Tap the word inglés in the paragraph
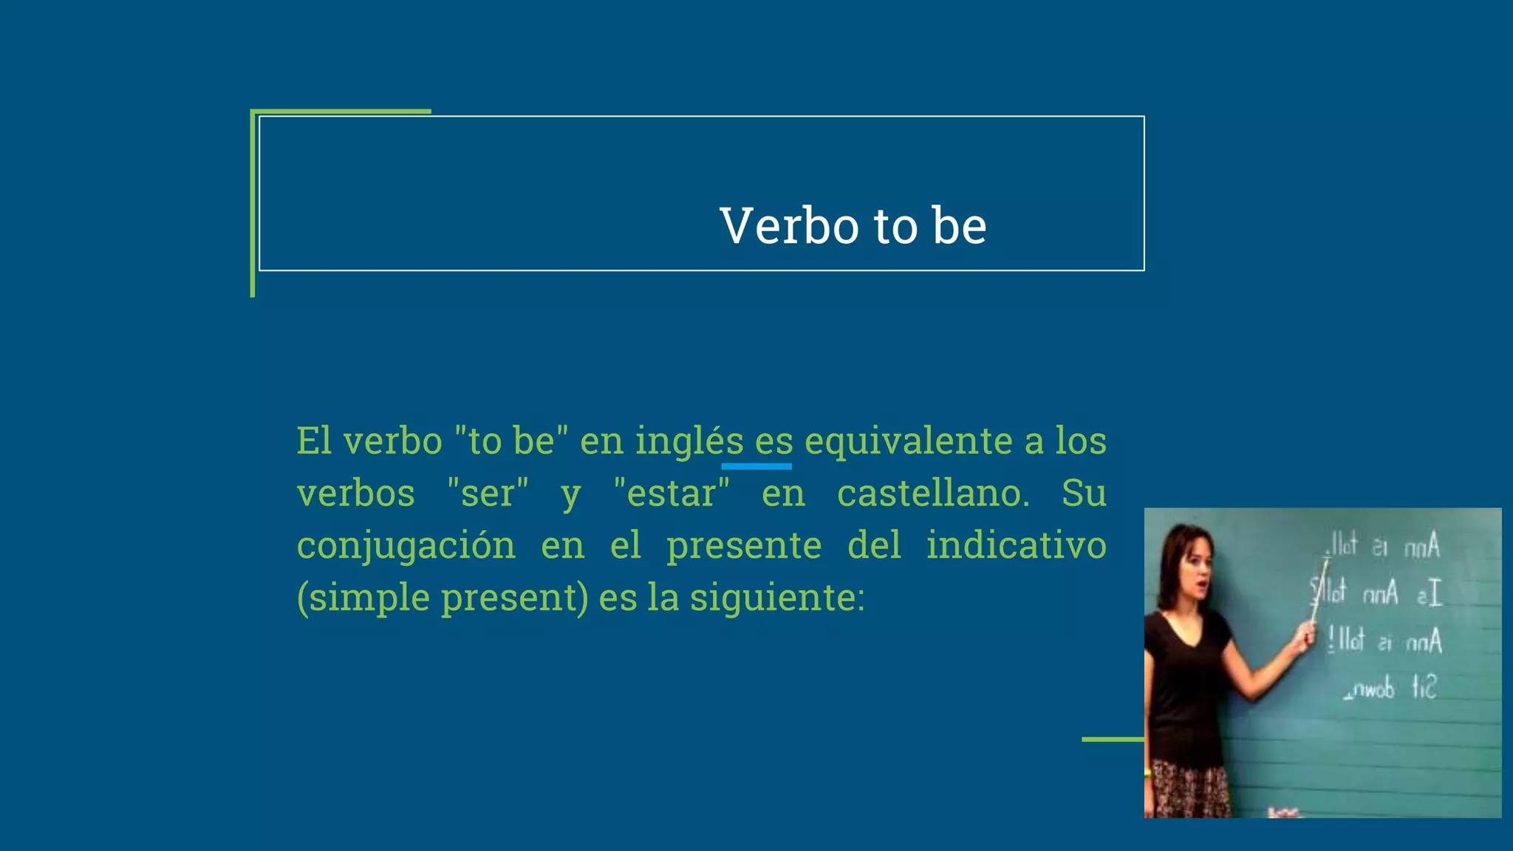point(689,442)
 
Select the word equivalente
point(908,442)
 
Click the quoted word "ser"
point(488,493)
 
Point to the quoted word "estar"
point(672,493)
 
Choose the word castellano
point(932,493)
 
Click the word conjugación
point(406,547)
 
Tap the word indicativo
point(1016,545)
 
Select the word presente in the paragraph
point(743,547)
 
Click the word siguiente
point(776,598)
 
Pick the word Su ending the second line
point(1084,493)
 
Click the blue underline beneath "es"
point(756,467)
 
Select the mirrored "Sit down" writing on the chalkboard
point(1390,689)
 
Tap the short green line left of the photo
point(1113,739)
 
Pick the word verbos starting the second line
point(355,493)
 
